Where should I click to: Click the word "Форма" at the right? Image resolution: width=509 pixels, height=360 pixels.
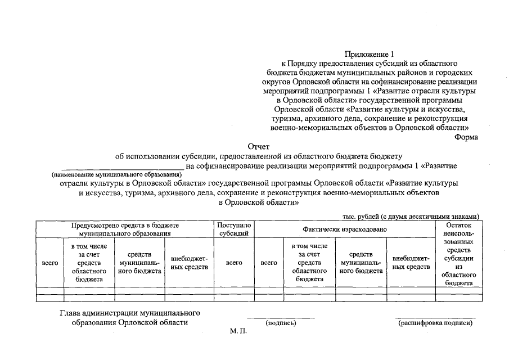tap(466, 137)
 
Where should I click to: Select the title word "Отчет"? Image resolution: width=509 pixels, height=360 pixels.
tap(259, 146)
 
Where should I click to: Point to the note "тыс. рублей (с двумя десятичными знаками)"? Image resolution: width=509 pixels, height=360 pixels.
tap(411, 216)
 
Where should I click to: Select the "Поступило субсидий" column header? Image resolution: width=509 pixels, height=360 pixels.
tap(233, 228)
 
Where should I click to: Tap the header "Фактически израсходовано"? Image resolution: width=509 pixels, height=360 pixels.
tap(345, 229)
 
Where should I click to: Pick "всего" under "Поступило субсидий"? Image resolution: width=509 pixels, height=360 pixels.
tap(233, 263)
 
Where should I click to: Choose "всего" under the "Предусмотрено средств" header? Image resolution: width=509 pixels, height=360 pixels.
tap(50, 263)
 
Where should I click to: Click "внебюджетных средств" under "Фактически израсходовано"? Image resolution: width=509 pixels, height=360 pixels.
tap(411, 263)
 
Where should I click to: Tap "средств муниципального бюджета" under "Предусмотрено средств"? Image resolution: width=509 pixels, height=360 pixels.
tap(139, 263)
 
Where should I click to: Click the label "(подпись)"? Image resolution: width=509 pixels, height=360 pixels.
tap(281, 323)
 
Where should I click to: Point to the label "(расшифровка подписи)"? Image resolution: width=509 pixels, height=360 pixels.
tap(435, 323)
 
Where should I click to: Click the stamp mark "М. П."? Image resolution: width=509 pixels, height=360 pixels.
tap(238, 332)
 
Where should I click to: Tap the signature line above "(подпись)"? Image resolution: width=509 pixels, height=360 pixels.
tap(281, 318)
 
